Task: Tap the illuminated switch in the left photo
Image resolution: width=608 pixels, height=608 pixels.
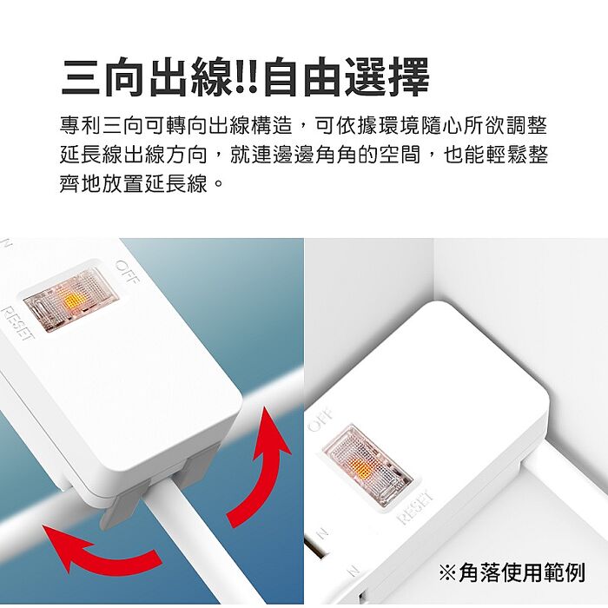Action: tap(70, 298)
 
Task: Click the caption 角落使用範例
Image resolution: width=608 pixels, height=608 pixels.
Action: tap(522, 572)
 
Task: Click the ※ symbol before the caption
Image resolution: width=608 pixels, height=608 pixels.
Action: tap(448, 572)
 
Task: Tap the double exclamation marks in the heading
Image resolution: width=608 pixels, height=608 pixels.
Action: tap(244, 79)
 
